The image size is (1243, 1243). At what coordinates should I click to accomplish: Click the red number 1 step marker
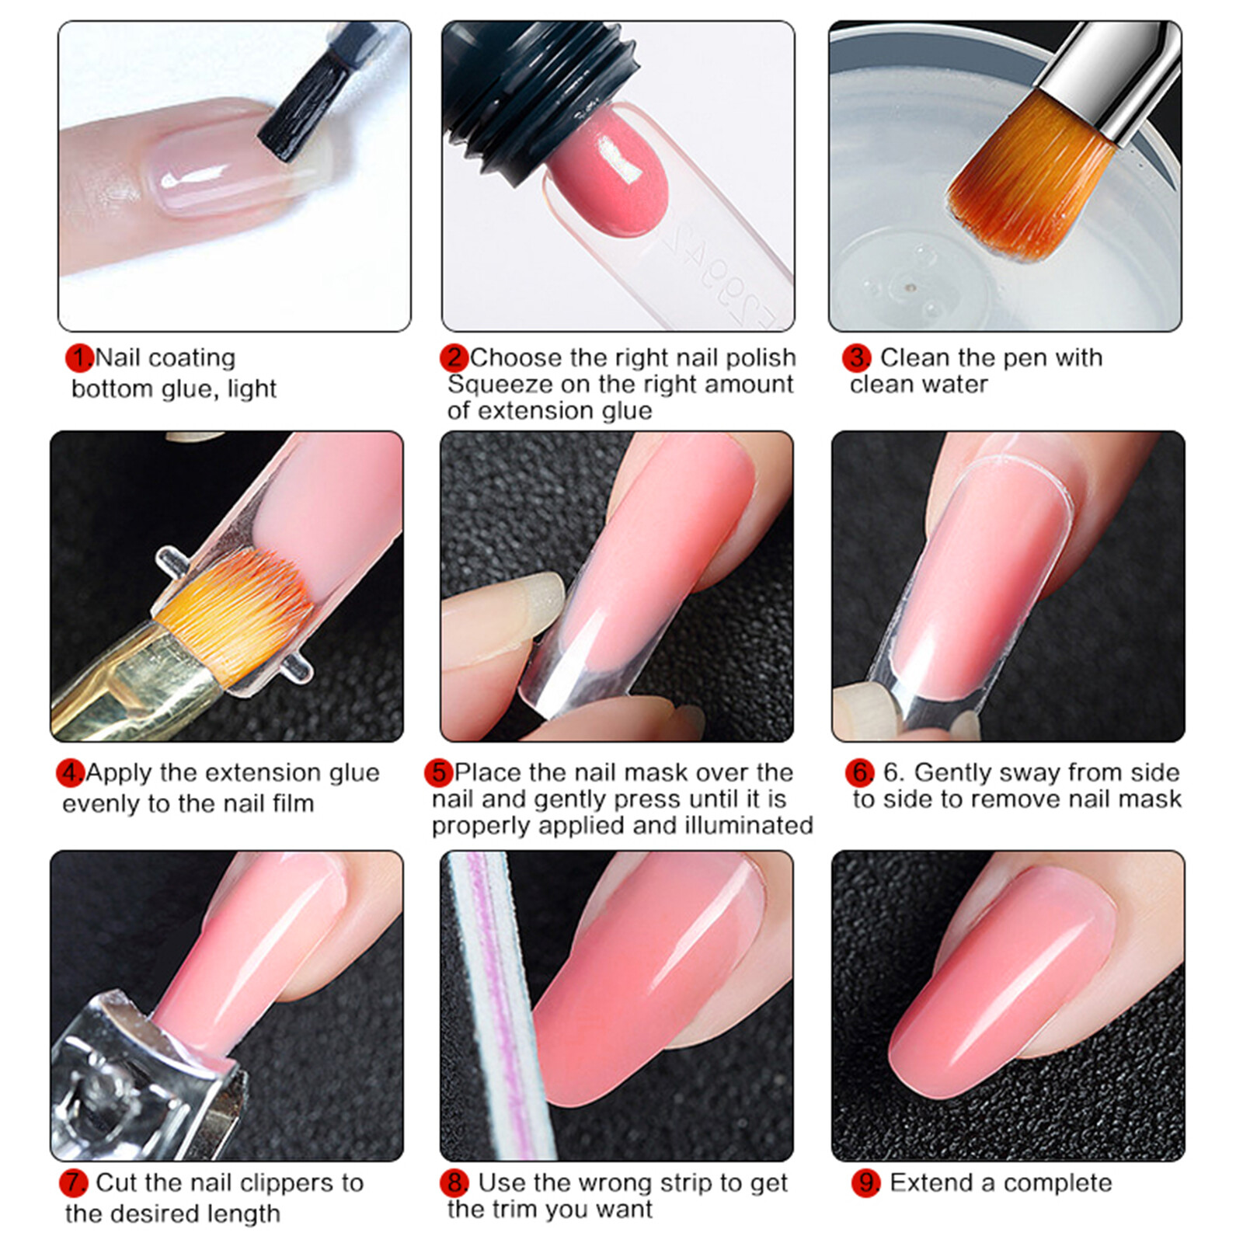click(79, 358)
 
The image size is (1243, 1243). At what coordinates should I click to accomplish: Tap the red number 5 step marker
click(439, 772)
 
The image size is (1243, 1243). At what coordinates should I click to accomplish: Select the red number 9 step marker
click(865, 1182)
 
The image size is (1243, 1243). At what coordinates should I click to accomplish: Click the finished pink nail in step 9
click(1002, 987)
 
